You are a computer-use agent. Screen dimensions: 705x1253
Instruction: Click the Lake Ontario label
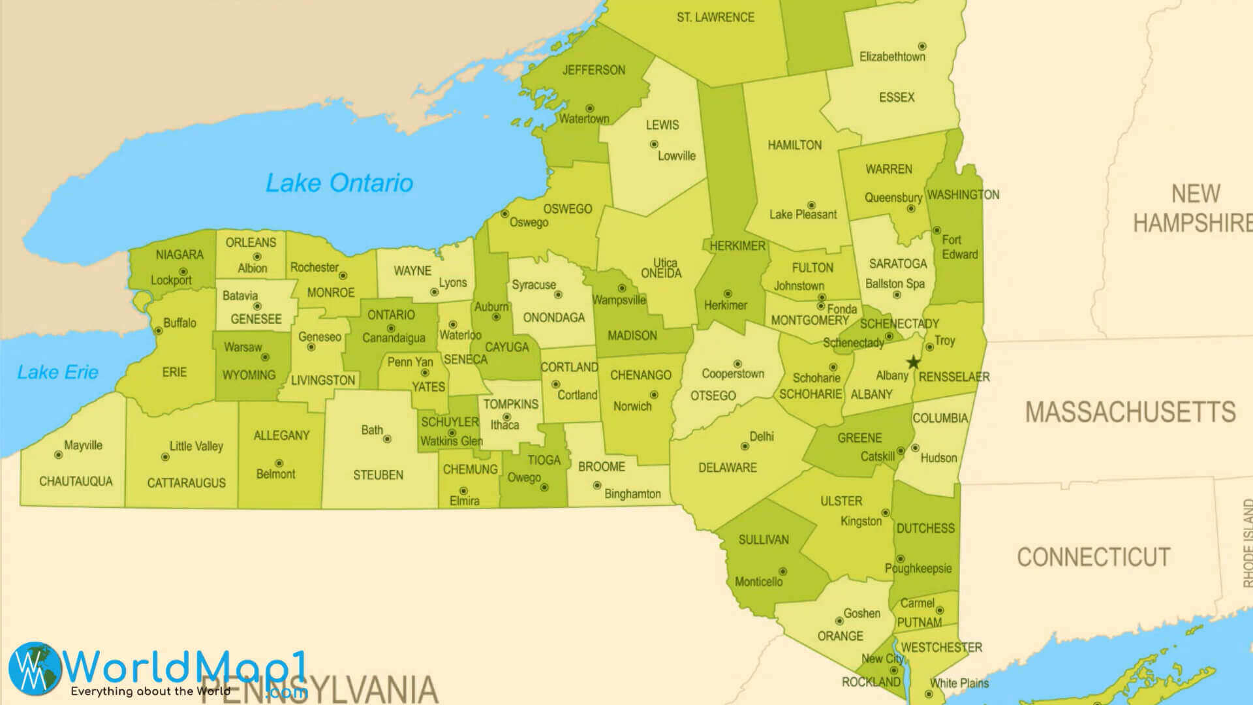tap(339, 183)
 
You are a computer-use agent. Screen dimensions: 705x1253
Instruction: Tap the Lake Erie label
tap(57, 372)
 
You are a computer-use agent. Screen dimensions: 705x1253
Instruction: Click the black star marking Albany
tap(914, 362)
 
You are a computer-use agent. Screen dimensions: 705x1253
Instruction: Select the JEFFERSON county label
tap(593, 70)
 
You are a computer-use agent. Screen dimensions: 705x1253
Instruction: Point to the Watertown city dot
tap(589, 108)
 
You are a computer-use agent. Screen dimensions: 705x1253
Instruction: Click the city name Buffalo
tap(179, 322)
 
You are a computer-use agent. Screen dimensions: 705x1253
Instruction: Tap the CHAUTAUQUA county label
tap(76, 481)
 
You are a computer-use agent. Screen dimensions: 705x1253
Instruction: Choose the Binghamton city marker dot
tap(596, 486)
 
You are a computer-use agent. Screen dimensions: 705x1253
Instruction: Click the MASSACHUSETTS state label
tap(1130, 412)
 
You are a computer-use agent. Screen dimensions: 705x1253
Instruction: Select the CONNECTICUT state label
tap(1093, 557)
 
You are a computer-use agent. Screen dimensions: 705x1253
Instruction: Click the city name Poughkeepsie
tap(918, 569)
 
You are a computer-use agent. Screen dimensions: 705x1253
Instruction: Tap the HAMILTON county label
tap(794, 145)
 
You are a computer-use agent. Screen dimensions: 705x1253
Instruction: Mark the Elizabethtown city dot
tap(921, 46)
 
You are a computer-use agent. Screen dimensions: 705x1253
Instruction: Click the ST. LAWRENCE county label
tap(715, 18)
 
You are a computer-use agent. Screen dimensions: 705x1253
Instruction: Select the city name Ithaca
tap(504, 425)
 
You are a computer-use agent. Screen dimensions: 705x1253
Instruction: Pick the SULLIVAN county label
tap(764, 540)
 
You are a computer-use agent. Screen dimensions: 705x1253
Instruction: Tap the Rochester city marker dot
tap(343, 275)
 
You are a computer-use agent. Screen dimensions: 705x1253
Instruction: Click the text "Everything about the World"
tap(150, 691)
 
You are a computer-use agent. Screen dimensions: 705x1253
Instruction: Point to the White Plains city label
tap(959, 683)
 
